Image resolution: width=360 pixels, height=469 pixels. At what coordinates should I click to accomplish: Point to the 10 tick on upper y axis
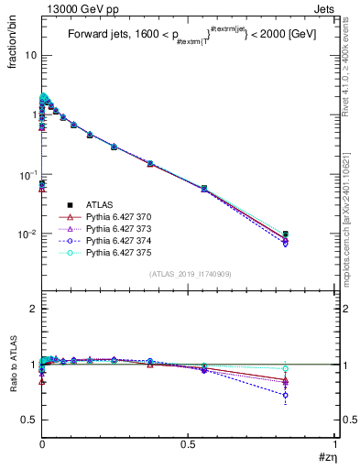30,55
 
